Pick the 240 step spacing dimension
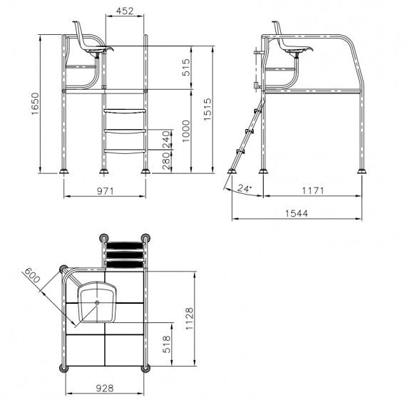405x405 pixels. point(166,139)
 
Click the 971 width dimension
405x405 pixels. point(105,191)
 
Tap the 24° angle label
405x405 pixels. point(245,189)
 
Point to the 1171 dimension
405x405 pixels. point(312,191)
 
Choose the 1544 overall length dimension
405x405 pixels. point(294,212)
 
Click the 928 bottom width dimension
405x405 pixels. point(105,388)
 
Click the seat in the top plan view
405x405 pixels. point(98,302)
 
